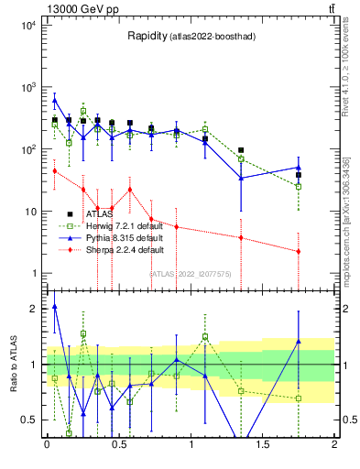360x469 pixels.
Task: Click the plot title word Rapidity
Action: pyautogui.click(x=147, y=36)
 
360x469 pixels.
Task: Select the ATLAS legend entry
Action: pyautogui.click(x=100, y=214)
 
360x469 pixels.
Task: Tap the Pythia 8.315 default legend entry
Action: pyautogui.click(x=125, y=237)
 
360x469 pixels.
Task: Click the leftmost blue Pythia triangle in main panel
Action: pyautogui.click(x=55, y=101)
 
